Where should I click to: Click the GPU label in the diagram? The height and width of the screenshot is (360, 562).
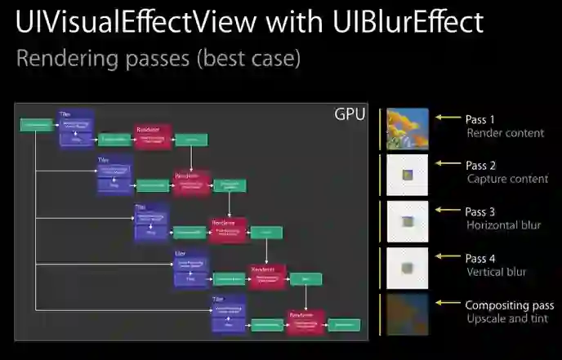click(350, 114)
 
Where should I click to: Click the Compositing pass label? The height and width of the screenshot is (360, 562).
click(510, 305)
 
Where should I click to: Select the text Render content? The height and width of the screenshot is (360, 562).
click(505, 132)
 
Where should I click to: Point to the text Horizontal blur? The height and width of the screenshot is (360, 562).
click(503, 224)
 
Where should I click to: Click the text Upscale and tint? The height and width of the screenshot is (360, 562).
click(506, 318)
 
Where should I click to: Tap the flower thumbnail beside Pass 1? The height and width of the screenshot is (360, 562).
click(407, 128)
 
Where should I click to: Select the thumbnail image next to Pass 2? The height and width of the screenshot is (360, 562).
click(407, 175)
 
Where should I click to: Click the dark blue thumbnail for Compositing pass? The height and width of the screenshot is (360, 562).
click(407, 314)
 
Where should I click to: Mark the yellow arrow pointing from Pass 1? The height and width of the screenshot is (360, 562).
click(448, 118)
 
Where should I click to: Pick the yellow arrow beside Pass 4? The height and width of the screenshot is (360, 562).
click(448, 257)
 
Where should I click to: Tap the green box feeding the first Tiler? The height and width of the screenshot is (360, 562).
click(36, 125)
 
